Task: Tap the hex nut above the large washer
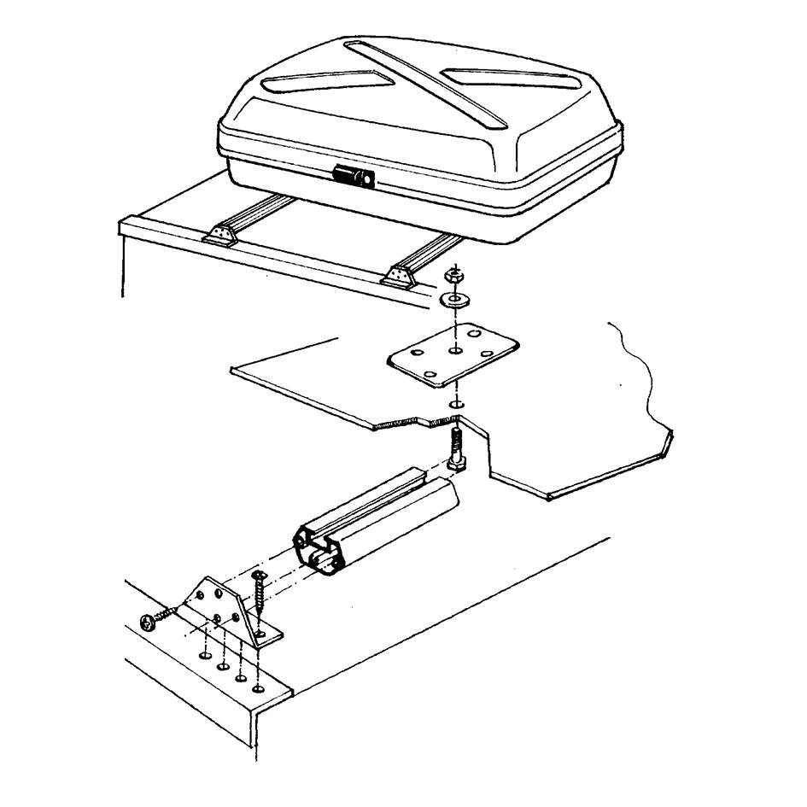[x=454, y=278]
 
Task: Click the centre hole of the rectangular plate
[x=455, y=351]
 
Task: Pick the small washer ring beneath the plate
[x=457, y=402]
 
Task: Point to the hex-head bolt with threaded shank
[x=455, y=450]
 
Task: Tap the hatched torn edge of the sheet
[x=410, y=422]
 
